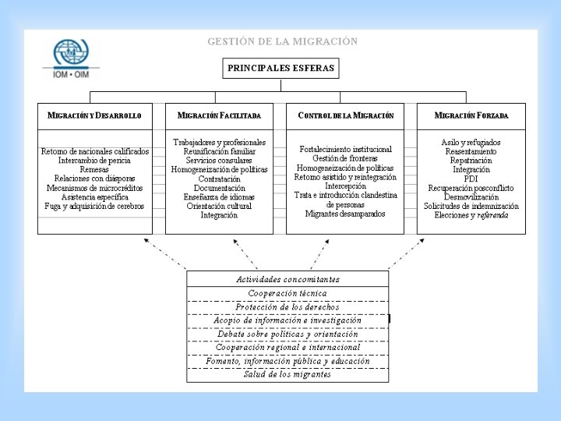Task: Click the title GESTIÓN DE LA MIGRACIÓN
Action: pos(283,41)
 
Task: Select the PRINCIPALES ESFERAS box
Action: pos(280,68)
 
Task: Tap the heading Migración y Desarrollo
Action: pos(94,115)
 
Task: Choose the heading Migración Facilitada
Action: pos(219,115)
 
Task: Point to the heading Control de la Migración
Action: pos(345,115)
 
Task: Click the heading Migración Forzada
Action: pos(471,115)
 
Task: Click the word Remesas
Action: pos(94,169)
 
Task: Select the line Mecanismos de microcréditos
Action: pos(94,188)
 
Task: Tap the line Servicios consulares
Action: pos(219,161)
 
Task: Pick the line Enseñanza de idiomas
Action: pos(219,196)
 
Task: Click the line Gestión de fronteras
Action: pos(345,158)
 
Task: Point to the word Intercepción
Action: pos(345,186)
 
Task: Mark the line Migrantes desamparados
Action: pos(345,214)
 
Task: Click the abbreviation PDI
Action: pos(471,179)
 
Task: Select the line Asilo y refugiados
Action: pos(471,143)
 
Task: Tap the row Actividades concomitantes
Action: pos(288,279)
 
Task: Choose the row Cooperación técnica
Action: pos(288,293)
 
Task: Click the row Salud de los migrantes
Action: pos(288,374)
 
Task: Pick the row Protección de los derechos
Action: pos(288,306)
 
